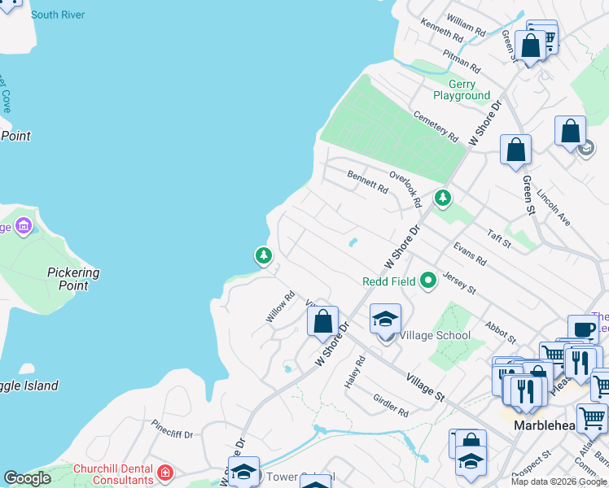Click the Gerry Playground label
[x=462, y=89]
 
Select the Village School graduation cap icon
[x=385, y=318]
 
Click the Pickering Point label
[x=73, y=279]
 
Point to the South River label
[x=57, y=15]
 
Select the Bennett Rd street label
[x=367, y=181]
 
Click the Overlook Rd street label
[x=405, y=189]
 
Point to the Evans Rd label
[x=470, y=253]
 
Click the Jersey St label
[x=459, y=284]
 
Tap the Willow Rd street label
[x=279, y=307]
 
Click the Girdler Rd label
[x=390, y=406]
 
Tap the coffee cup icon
[x=582, y=329]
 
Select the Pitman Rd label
[x=461, y=59]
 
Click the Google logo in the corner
[x=27, y=478]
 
